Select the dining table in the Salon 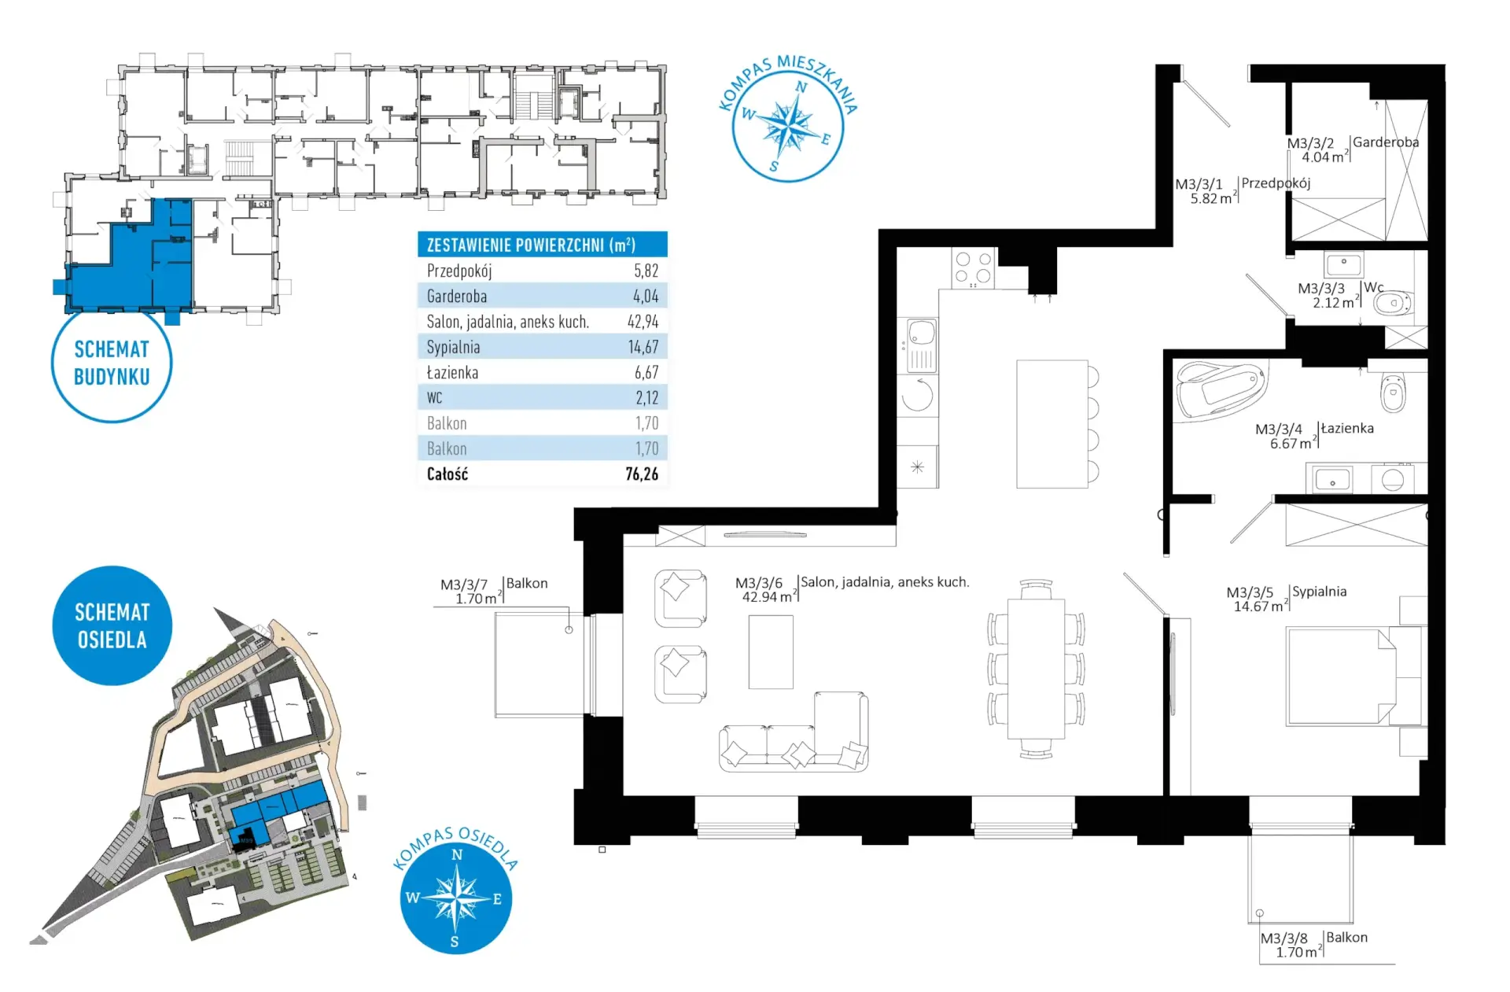click(1037, 669)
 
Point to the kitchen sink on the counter click(921, 345)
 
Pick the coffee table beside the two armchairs click(771, 652)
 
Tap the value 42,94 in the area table click(643, 322)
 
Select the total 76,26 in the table click(642, 474)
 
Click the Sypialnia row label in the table click(453, 347)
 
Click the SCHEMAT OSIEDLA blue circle click(112, 625)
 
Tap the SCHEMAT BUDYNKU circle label click(112, 363)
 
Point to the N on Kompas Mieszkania click(801, 87)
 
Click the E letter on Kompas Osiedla click(497, 899)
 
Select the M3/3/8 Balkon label click(1313, 944)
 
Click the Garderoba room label click(1386, 142)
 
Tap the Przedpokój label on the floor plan click(1276, 183)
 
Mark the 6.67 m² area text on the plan click(1291, 444)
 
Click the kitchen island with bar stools click(1057, 424)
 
